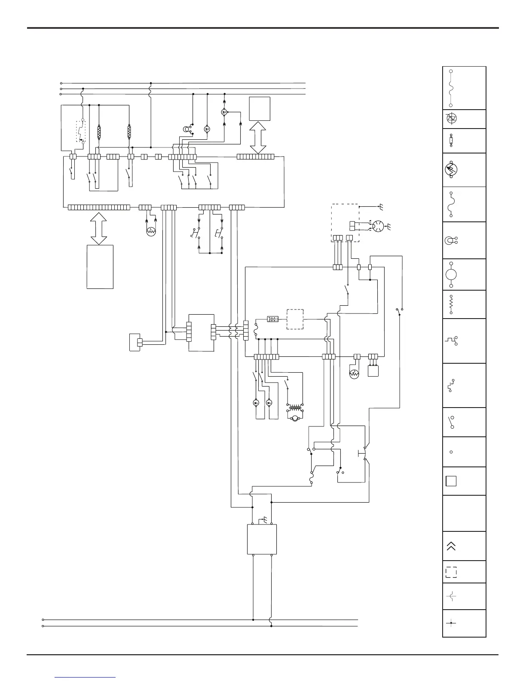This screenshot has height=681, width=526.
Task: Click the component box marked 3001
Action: (x=273, y=319)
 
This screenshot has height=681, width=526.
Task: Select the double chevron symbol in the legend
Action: (x=451, y=546)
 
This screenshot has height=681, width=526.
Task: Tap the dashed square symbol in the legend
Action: (x=451, y=572)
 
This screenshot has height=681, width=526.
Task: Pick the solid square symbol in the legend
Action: (x=451, y=481)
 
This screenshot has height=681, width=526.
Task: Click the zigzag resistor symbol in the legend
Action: (x=451, y=304)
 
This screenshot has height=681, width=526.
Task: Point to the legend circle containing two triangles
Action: (x=451, y=119)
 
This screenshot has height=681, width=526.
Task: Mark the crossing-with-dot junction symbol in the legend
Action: (x=451, y=623)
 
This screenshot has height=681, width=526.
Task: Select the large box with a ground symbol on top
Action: (x=262, y=539)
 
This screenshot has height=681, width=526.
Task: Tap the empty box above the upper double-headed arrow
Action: (x=260, y=109)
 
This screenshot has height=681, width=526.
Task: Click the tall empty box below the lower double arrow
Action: (x=100, y=267)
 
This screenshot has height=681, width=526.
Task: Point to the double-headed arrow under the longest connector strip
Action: (x=99, y=227)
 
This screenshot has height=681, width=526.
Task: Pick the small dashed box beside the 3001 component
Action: (x=295, y=319)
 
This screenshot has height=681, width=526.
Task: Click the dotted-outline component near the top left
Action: (x=81, y=131)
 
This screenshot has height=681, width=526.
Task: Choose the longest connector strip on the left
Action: (x=99, y=208)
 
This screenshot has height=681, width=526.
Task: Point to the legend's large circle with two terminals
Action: (x=451, y=274)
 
